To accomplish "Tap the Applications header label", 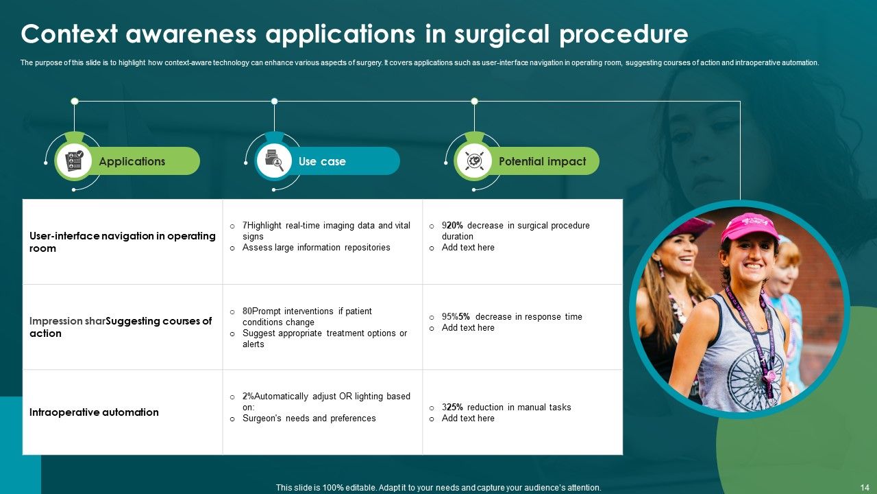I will point(132,161).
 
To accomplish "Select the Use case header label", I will point(322,161).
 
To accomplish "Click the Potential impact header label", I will point(542,161).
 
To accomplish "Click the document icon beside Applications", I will point(74,161).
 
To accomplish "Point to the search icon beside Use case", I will point(274,161).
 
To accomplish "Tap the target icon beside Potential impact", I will point(474,161).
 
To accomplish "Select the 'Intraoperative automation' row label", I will point(94,412).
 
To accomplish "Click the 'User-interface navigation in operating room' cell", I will point(122,242).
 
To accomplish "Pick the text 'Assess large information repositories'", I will point(316,247).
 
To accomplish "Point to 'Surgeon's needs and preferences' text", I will point(309,418).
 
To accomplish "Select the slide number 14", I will point(864,487).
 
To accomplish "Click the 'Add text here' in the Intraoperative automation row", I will point(468,418).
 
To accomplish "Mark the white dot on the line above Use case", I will point(274,102).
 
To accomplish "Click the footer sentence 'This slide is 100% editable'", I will point(438,487).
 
